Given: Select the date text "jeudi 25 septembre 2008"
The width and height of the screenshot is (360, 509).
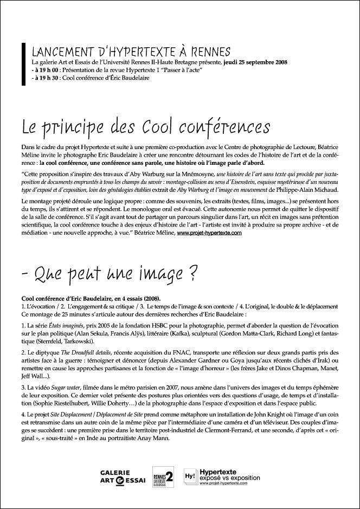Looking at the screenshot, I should point(258,63).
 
